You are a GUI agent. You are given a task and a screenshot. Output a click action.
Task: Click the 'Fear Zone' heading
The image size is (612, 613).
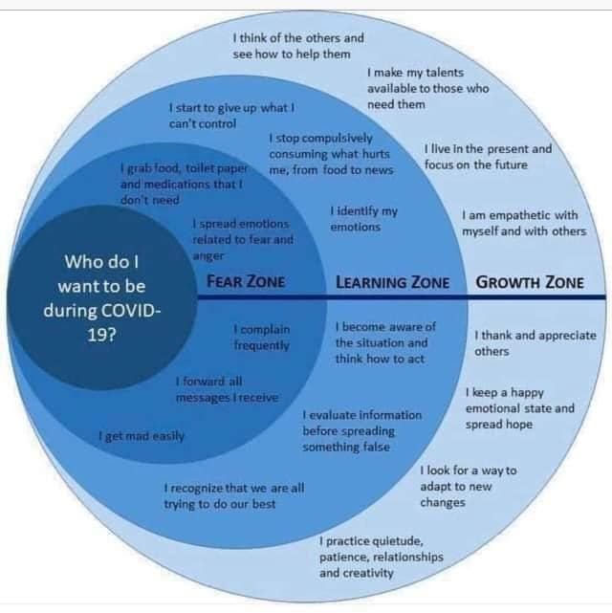click(246, 281)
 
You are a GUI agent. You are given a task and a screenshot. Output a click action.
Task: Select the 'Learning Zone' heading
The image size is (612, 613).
click(393, 282)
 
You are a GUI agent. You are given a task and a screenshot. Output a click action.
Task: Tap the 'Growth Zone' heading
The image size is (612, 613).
click(530, 282)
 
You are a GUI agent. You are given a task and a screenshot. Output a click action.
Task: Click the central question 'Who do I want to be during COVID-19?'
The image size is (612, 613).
click(101, 298)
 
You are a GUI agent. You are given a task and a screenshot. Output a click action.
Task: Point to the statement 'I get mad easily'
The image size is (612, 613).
click(142, 436)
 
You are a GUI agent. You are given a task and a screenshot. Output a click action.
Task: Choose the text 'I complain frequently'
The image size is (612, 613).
click(262, 338)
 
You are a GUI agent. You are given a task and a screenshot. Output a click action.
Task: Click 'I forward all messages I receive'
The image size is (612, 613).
click(227, 389)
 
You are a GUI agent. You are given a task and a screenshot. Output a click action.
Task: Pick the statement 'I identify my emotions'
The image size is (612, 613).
click(363, 219)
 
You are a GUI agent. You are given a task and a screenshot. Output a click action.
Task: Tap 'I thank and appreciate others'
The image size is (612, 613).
click(535, 343)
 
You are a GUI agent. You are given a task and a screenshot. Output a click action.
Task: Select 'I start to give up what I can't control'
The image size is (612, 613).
click(231, 116)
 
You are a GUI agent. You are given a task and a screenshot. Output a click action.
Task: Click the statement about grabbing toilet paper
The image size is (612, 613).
click(184, 185)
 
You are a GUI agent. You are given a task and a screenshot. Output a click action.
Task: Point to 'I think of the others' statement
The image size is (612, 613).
click(298, 46)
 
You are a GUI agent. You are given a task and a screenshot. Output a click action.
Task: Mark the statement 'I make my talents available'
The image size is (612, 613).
click(428, 88)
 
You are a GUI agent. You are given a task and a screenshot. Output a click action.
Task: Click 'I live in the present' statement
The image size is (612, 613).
click(488, 157)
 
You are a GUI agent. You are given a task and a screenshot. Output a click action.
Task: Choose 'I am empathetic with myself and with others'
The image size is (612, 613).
click(524, 223)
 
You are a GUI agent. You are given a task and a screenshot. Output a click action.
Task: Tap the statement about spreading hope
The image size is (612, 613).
click(520, 408)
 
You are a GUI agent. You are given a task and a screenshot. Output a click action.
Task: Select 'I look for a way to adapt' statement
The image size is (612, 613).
click(469, 487)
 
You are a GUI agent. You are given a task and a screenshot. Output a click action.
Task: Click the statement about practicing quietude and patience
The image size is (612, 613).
click(382, 558)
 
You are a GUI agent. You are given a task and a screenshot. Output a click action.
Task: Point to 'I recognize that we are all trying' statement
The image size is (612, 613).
click(234, 496)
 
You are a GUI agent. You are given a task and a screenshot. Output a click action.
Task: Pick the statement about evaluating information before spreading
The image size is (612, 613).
click(362, 431)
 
